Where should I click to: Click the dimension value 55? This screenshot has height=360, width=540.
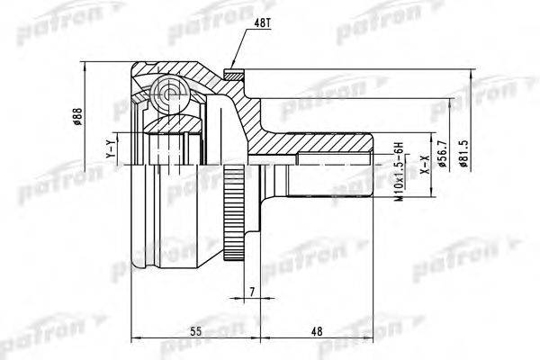pos(195,332)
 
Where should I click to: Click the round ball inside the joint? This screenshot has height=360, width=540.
pos(168,90)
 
